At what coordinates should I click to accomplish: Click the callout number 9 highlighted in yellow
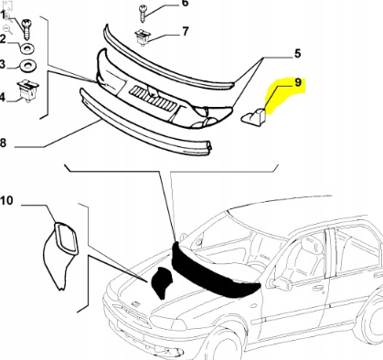(296, 83)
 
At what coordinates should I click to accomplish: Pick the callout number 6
(184, 5)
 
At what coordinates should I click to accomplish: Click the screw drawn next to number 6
(144, 12)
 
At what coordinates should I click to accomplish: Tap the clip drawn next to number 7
(143, 37)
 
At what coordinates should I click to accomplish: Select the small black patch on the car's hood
(160, 283)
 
